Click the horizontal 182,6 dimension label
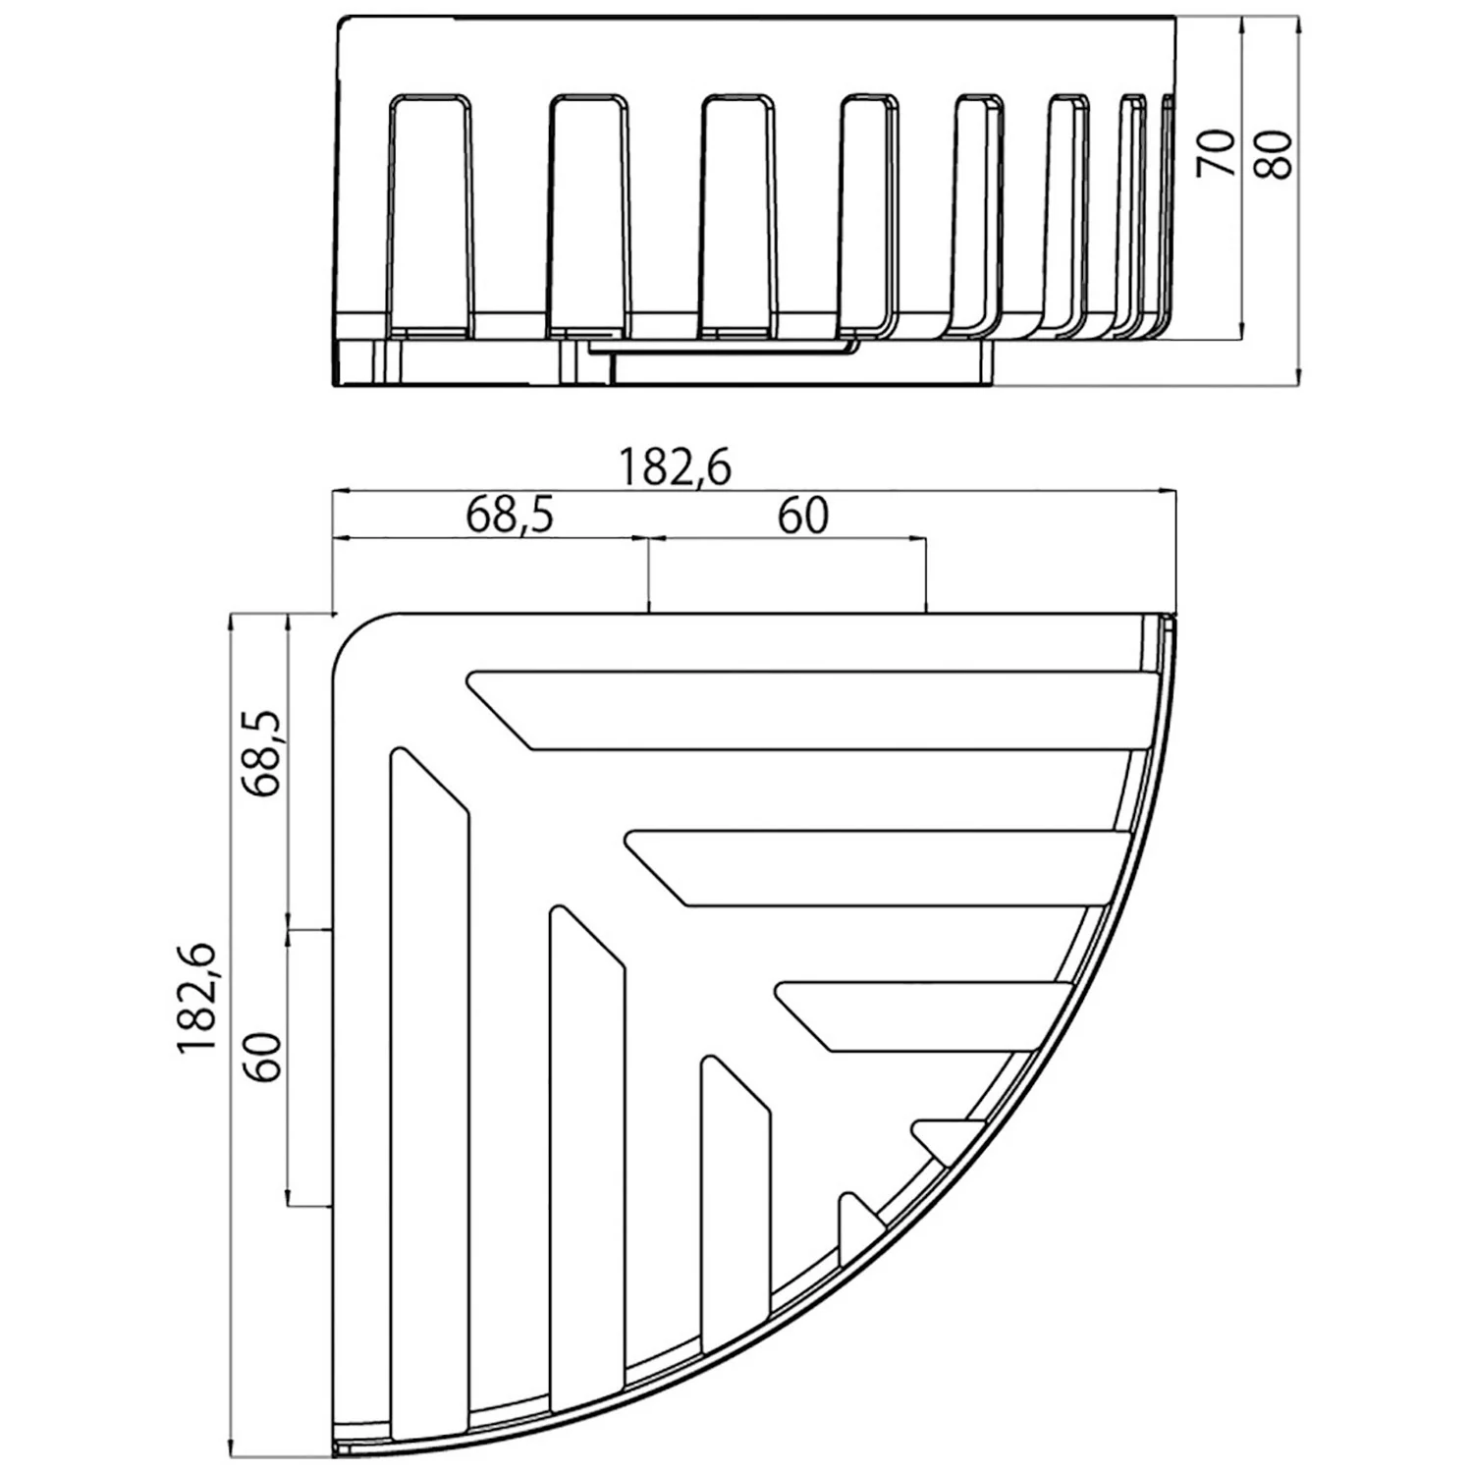(675, 468)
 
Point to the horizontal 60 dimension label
(802, 516)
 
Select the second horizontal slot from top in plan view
(884, 868)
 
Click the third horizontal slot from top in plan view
(923, 1015)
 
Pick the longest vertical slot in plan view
(429, 1080)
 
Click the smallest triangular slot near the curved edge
(943, 1139)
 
